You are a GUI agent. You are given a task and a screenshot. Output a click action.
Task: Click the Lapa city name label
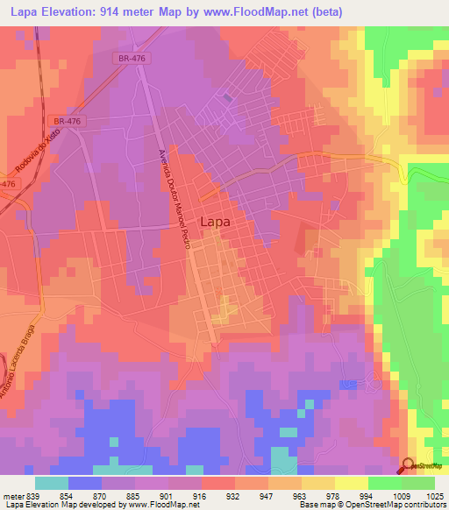[216, 222]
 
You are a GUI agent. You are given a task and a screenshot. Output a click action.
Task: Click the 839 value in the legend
[34, 495]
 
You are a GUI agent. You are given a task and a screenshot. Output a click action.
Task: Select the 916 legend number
[201, 495]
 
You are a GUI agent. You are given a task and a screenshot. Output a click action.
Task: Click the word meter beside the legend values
[12, 495]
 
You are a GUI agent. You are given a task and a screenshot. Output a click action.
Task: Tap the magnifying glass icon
[407, 467]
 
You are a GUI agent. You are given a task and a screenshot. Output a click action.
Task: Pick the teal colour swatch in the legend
[51, 483]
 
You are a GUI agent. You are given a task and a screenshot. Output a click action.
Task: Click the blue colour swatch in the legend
[84, 483]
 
